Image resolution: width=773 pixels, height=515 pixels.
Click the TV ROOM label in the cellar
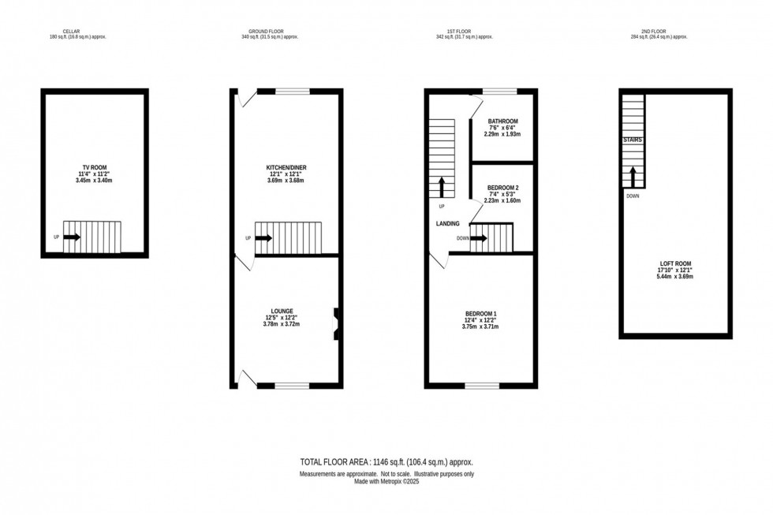pyautogui.click(x=95, y=168)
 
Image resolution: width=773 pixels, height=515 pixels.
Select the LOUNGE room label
pyautogui.click(x=281, y=312)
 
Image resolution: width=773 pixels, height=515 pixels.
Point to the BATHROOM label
pyautogui.click(x=502, y=121)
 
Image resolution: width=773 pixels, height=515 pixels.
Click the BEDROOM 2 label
pyautogui.click(x=502, y=188)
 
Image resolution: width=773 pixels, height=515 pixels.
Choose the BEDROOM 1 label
pyautogui.click(x=481, y=314)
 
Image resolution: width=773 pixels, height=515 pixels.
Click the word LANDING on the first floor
pyautogui.click(x=448, y=224)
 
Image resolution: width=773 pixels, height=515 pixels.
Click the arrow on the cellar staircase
pyautogui.click(x=71, y=236)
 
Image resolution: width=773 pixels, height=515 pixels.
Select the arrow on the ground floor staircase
pyautogui.click(x=264, y=237)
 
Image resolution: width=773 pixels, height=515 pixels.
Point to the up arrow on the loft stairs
pyautogui.click(x=633, y=174)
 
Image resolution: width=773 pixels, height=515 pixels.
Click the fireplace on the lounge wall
pyautogui.click(x=337, y=323)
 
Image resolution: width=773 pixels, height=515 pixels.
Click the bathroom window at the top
pyautogui.click(x=500, y=91)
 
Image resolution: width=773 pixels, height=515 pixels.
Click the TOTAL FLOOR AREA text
pyautogui.click(x=386, y=461)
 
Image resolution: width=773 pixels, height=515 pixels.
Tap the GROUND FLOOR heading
pyautogui.click(x=270, y=32)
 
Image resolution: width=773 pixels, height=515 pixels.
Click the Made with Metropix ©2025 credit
pyautogui.click(x=386, y=480)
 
